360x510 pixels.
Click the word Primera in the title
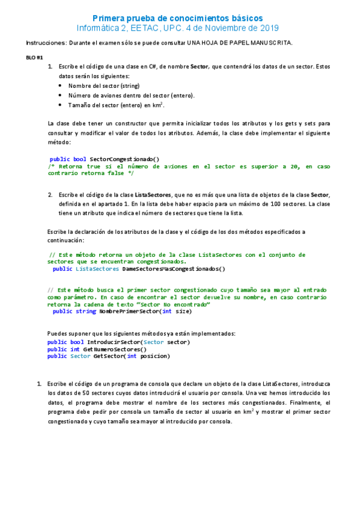[x=112, y=19]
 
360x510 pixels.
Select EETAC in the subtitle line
[x=141, y=28]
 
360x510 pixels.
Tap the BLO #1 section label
[x=35, y=57]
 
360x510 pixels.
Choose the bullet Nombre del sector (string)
[x=103, y=86]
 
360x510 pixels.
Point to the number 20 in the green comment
[x=293, y=166]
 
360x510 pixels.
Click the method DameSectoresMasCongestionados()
[x=174, y=269]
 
